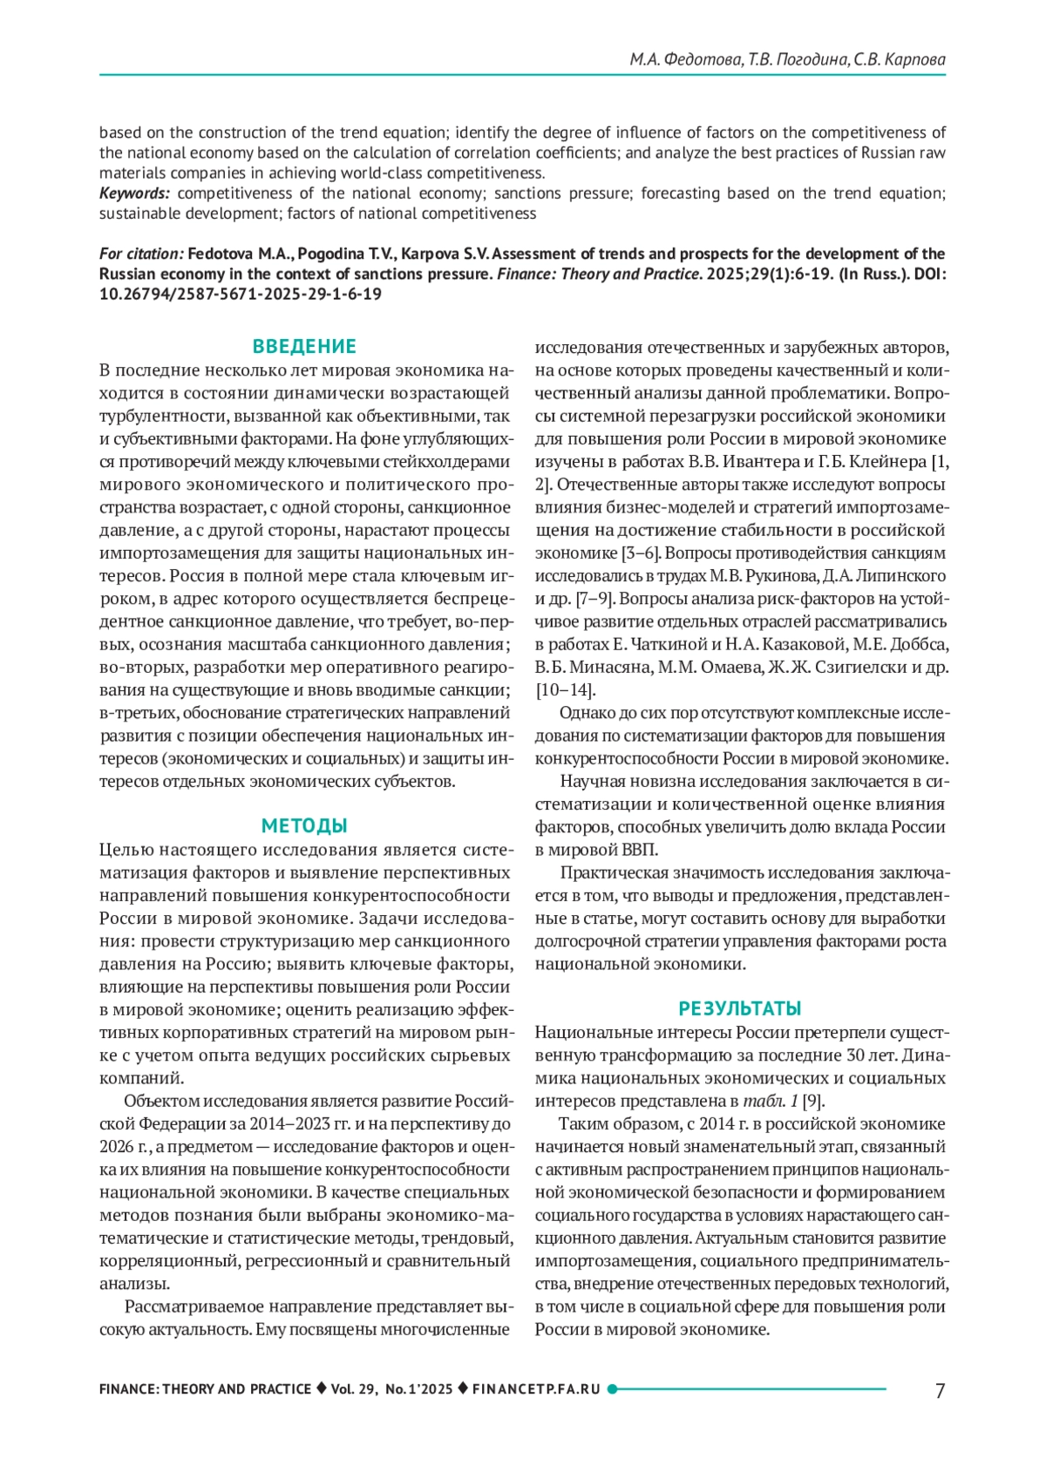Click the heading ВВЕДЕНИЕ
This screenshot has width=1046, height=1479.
click(x=304, y=346)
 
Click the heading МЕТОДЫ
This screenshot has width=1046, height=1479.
click(x=304, y=825)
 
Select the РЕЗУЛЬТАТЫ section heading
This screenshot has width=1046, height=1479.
click(x=740, y=1008)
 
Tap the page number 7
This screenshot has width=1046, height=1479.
click(x=940, y=1390)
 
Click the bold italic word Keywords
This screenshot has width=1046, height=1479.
click(x=133, y=193)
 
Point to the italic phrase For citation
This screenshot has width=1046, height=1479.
click(x=141, y=254)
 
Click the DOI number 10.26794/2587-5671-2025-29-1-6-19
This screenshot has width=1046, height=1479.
click(x=240, y=294)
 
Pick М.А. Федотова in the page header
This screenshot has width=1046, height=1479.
click(x=685, y=59)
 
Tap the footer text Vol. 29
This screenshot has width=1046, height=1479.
click(x=353, y=1389)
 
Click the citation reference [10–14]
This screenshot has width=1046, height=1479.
click(x=565, y=690)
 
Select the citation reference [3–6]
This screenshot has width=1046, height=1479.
click(x=642, y=553)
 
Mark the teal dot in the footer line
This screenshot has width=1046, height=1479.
click(x=612, y=1389)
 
